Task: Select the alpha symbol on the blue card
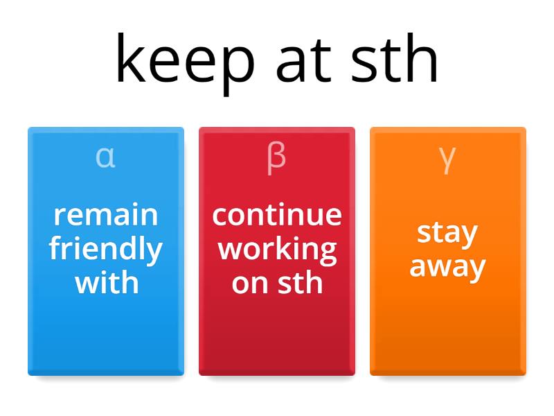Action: (x=105, y=157)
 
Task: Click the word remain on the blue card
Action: (x=106, y=215)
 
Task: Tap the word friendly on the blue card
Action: (x=106, y=249)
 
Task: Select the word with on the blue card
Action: (x=106, y=282)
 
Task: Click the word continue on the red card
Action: (x=277, y=215)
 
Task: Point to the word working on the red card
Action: (x=277, y=249)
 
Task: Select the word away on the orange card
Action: (x=447, y=267)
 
